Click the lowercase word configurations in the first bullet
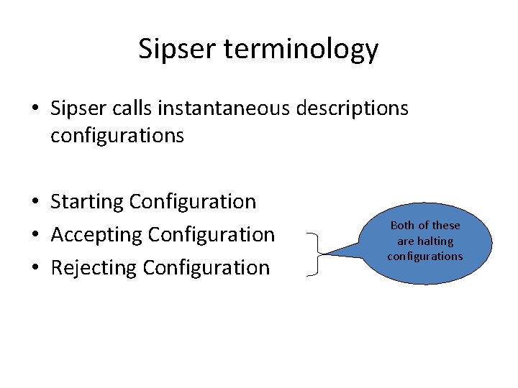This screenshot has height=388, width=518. [x=117, y=136]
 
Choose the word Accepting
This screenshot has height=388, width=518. [x=96, y=235]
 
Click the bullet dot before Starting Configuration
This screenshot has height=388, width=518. [x=36, y=203]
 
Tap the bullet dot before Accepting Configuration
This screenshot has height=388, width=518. [x=36, y=235]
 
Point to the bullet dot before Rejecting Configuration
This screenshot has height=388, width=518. [x=36, y=268]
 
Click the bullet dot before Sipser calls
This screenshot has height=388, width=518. [x=36, y=109]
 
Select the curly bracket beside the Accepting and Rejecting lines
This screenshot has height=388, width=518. [x=314, y=254]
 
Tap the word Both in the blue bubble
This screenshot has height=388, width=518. [x=402, y=226]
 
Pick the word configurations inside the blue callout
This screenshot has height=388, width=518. [x=424, y=257]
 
